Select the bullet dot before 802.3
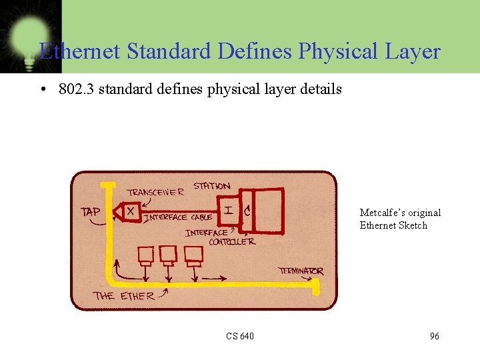click(x=43, y=89)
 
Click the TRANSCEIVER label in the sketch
click(x=155, y=192)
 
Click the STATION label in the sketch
click(x=212, y=186)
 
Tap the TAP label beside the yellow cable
click(x=91, y=212)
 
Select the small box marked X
click(x=131, y=211)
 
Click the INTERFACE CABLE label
click(x=178, y=217)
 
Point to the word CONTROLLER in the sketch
click(x=232, y=242)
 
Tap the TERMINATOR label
click(x=301, y=271)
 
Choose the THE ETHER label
click(x=124, y=295)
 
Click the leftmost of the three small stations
click(x=146, y=254)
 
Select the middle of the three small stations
click(x=168, y=254)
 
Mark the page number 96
click(x=434, y=336)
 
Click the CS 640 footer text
click(x=239, y=336)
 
